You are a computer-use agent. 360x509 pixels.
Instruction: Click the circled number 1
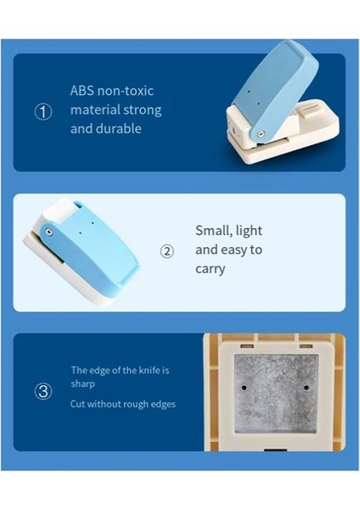click(43, 111)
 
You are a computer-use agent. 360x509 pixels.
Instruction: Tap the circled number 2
click(167, 251)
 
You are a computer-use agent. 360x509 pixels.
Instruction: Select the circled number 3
click(43, 391)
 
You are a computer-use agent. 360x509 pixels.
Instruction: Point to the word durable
click(118, 129)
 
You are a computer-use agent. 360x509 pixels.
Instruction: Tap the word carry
click(211, 269)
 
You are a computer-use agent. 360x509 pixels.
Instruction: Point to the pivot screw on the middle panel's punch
click(49, 230)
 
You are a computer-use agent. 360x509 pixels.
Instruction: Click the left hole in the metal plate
click(245, 387)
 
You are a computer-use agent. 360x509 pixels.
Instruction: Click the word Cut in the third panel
click(79, 404)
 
